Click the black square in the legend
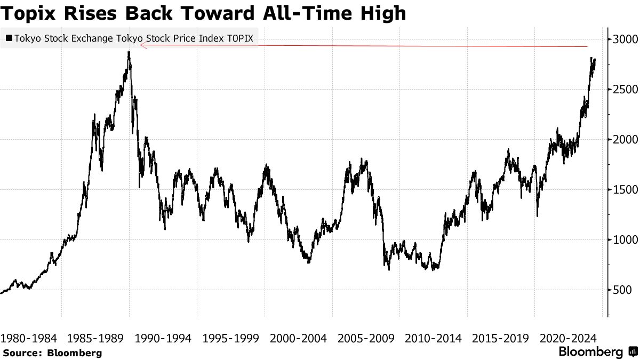[x=9, y=38]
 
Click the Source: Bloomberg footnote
[x=52, y=353]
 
